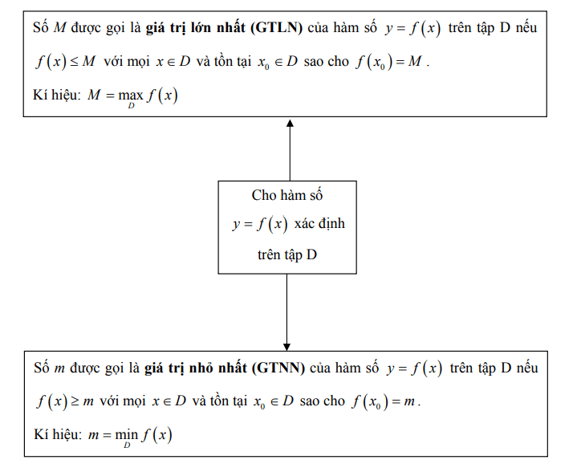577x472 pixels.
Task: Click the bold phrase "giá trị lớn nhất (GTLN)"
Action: [x=223, y=30]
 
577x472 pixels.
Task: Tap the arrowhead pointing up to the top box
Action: [x=290, y=124]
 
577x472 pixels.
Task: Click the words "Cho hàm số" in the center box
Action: [x=287, y=195]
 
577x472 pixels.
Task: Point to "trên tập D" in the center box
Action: [x=287, y=254]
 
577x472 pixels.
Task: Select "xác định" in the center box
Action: [x=315, y=224]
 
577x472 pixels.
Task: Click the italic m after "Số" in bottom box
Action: [x=59, y=369]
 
